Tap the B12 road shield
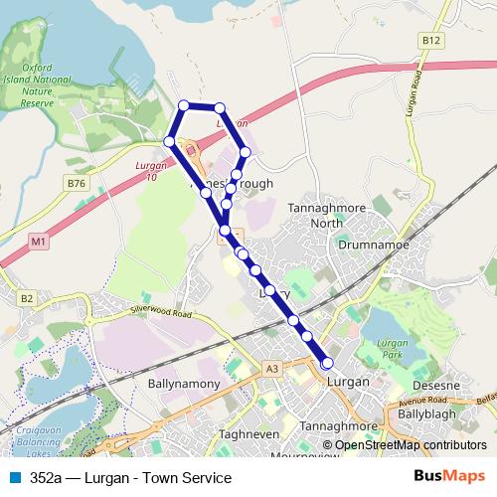click(x=430, y=39)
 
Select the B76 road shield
click(x=77, y=183)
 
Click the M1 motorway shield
click(x=38, y=241)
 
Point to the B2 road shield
click(x=27, y=297)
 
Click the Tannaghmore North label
click(x=314, y=215)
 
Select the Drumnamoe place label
click(x=368, y=242)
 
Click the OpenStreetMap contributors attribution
click(x=411, y=445)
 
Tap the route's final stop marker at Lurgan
click(x=327, y=363)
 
